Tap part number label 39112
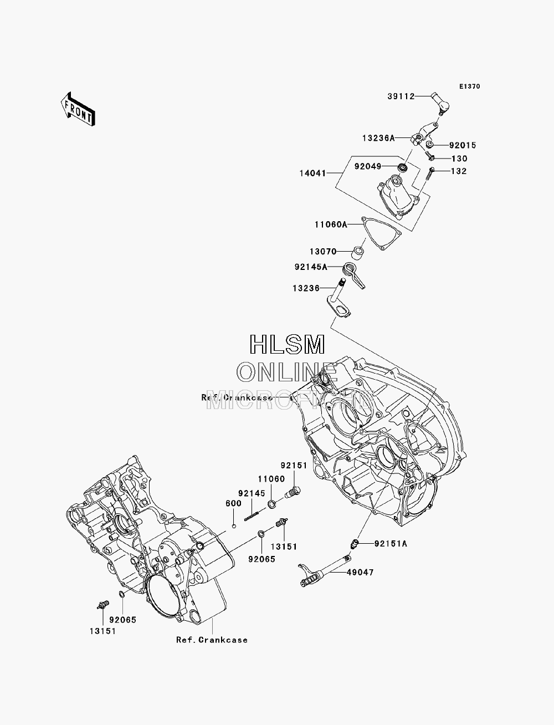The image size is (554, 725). [x=401, y=96]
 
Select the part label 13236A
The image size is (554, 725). [x=378, y=138]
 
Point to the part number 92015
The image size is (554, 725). [x=463, y=145]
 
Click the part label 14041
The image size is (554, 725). [x=312, y=173]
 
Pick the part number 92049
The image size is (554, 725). [x=368, y=166]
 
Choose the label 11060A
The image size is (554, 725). [x=331, y=225]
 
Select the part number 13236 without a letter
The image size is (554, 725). [x=306, y=289]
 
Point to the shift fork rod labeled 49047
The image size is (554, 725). [x=325, y=571]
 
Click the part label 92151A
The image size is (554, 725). [x=391, y=544]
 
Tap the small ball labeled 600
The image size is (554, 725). [x=234, y=526]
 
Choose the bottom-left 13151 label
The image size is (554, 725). [x=103, y=631]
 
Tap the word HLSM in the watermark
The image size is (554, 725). [x=287, y=344]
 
